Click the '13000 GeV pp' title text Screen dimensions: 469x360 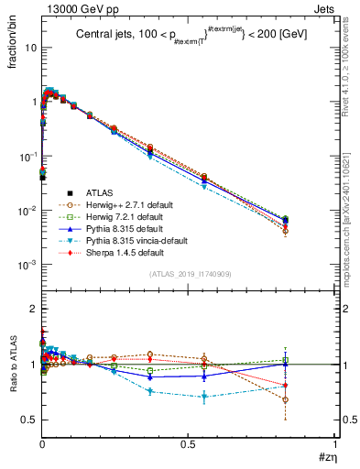coord(77,8)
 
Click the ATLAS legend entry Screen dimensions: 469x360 coord(101,192)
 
